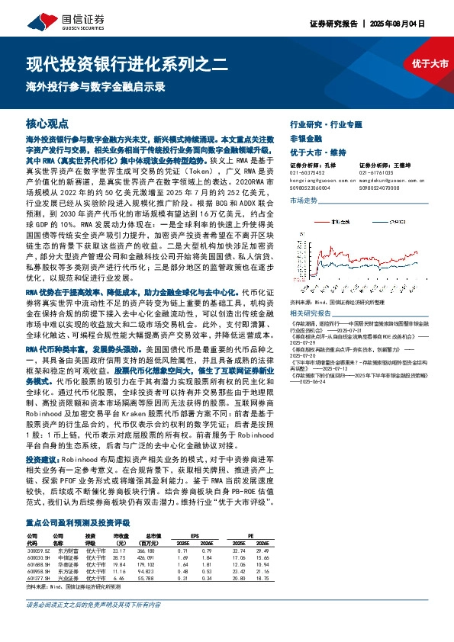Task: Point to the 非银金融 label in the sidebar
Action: pyautogui.click(x=305, y=137)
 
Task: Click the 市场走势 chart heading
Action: pyautogui.click(x=304, y=200)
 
